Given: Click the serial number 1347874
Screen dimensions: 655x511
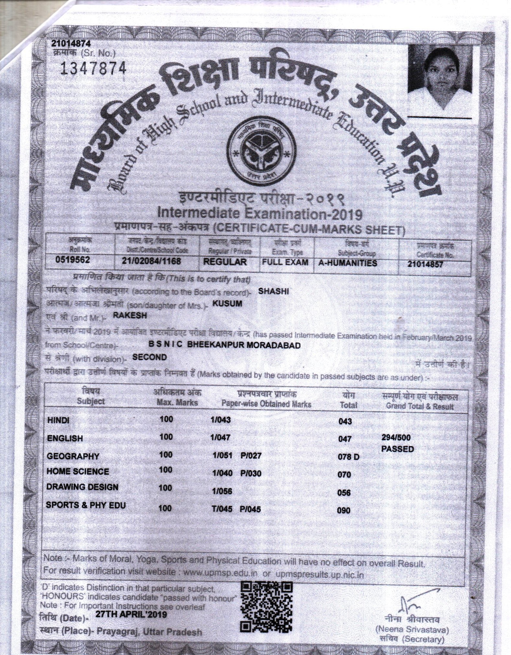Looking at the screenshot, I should coord(93,68).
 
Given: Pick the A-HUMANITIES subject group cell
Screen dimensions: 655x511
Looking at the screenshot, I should coord(348,263).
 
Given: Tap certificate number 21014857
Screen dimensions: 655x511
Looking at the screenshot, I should coord(425,264).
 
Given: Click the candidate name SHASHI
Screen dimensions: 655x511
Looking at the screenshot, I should coord(273,291).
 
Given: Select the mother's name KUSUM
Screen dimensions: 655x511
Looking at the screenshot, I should coord(227,304).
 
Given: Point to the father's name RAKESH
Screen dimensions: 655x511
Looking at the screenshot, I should coord(129,316).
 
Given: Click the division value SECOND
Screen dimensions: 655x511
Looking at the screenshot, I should coord(150,357).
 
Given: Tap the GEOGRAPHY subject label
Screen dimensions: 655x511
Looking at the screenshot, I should coord(73,456).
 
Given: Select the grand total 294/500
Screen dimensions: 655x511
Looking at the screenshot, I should coord(396,438).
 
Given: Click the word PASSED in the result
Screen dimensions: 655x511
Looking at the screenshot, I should coord(397,449).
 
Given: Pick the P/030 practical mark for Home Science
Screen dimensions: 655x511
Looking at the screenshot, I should coord(250,473).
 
